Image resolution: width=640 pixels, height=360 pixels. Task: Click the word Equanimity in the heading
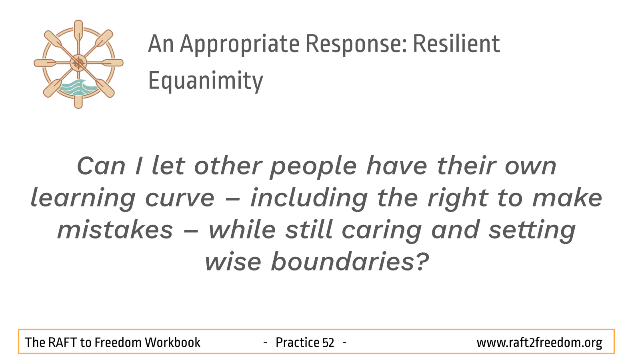pos(206,81)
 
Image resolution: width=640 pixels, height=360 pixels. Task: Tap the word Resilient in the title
pos(456,44)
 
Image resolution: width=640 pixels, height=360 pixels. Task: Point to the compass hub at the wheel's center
pos(78,63)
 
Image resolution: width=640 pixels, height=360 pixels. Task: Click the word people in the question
pos(314,168)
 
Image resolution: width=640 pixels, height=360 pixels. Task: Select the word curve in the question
pos(180,198)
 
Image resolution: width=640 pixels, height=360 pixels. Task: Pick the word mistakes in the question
pos(115,230)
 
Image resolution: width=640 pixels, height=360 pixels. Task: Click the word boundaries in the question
pos(342,261)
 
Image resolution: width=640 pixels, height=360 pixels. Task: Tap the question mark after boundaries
pos(421,261)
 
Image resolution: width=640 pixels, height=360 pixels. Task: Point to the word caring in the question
pos(382,231)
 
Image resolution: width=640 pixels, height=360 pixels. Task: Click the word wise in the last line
pos(233,262)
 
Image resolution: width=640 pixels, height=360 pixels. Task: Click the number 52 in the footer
pos(328,342)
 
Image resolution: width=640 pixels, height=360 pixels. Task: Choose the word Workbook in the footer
pos(172,342)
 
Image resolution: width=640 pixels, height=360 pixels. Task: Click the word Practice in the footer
pos(297,342)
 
